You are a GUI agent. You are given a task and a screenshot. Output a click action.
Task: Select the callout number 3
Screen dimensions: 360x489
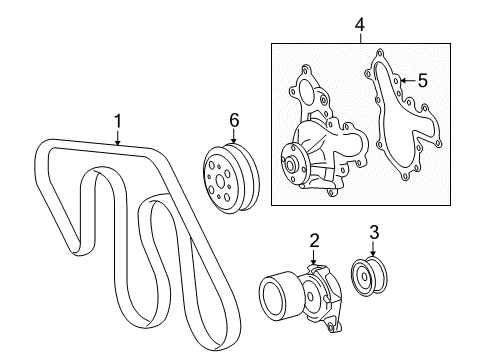[374, 234]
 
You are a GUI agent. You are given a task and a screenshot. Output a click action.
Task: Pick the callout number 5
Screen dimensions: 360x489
[423, 81]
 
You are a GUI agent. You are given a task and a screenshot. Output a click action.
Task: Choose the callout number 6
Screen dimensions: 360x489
[233, 120]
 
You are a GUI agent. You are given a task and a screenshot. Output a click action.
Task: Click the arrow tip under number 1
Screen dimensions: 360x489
[117, 145]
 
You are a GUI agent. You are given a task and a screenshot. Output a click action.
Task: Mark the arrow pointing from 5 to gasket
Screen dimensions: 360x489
[403, 81]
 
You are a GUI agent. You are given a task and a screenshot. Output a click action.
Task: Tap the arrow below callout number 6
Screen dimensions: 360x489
[233, 138]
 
